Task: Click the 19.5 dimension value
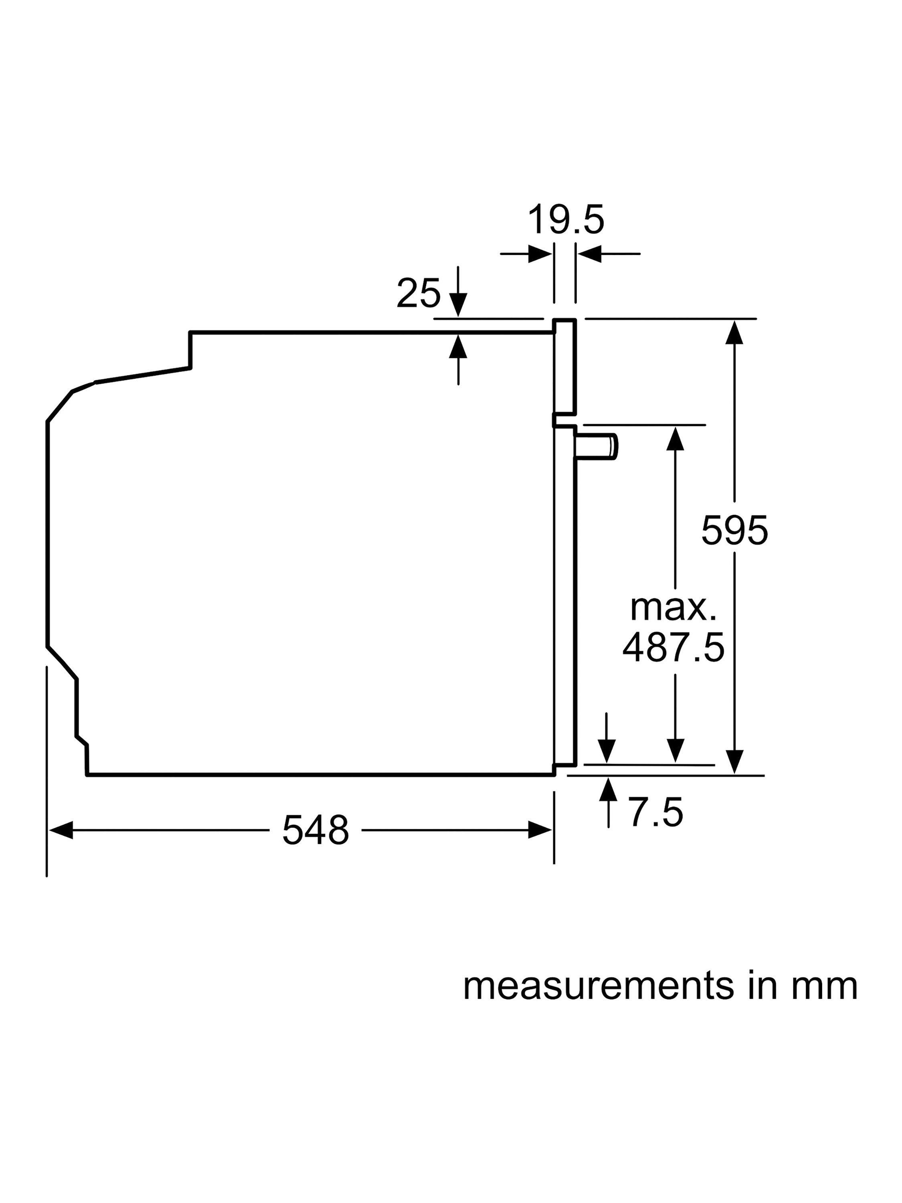(565, 220)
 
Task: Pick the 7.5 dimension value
(656, 813)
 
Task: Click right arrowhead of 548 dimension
(540, 830)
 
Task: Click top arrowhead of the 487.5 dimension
(675, 438)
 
